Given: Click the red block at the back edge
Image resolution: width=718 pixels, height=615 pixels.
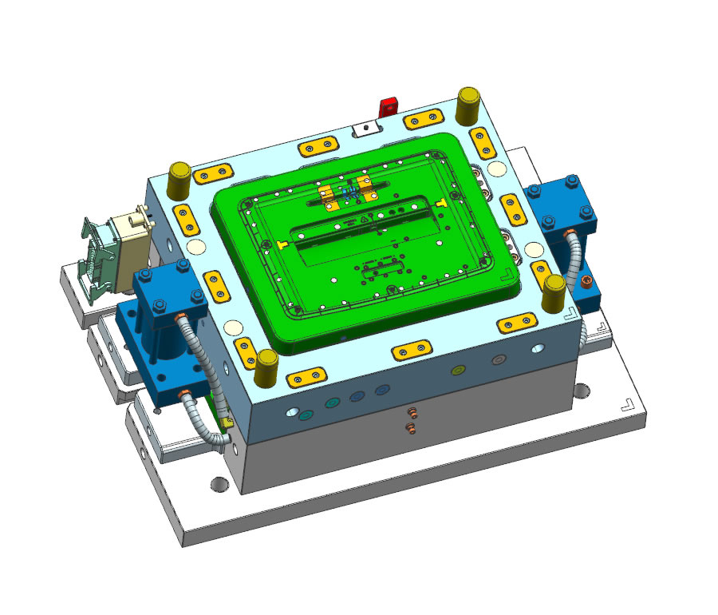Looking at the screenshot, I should [389, 106].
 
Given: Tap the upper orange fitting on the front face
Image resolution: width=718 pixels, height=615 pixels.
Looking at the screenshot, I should [412, 412].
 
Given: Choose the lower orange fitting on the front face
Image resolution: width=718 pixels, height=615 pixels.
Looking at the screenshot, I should [412, 429].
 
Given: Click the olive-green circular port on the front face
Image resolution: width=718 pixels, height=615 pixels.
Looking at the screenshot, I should [458, 371].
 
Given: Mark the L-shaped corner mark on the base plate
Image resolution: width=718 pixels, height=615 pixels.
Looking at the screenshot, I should [629, 404].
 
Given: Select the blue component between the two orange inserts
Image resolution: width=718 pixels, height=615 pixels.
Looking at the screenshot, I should [348, 192].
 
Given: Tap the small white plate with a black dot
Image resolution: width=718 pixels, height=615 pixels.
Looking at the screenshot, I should [365, 127].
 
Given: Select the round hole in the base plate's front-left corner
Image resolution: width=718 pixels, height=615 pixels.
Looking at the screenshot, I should [219, 484].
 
